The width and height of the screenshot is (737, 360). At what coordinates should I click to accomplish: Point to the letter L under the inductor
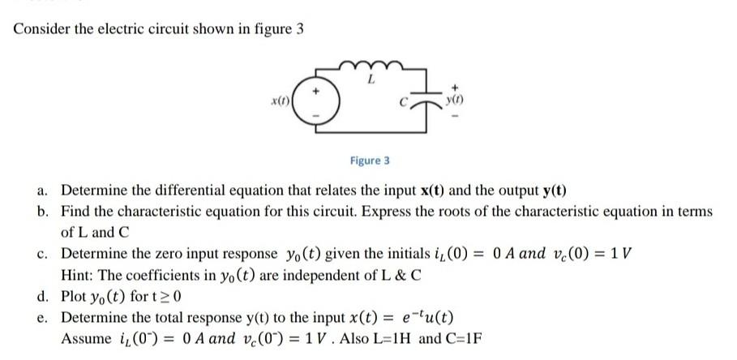[370, 81]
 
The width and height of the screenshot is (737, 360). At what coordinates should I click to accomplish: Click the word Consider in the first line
[41, 30]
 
